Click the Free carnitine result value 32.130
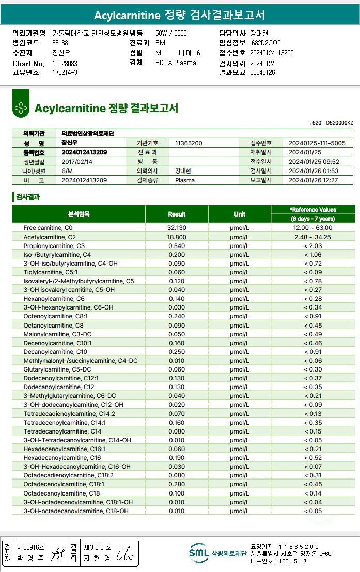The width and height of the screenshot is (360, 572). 177,228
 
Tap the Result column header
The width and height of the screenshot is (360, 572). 177,214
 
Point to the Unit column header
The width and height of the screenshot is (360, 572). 239,214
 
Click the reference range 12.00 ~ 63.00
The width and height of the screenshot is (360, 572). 312,228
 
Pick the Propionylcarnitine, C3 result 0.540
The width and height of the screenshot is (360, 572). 177,245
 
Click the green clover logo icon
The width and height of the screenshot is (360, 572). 21,108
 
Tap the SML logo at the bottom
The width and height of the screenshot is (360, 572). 199,553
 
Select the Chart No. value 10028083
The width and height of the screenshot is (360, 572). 65,64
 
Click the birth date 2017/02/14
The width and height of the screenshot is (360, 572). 77,162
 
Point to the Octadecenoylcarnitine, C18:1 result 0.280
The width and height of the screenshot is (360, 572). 177,484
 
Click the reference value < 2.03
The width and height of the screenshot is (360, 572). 312,245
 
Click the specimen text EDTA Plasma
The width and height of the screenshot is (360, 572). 176,63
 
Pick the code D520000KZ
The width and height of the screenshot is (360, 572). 339,123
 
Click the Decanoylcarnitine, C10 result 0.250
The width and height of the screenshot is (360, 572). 177,352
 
